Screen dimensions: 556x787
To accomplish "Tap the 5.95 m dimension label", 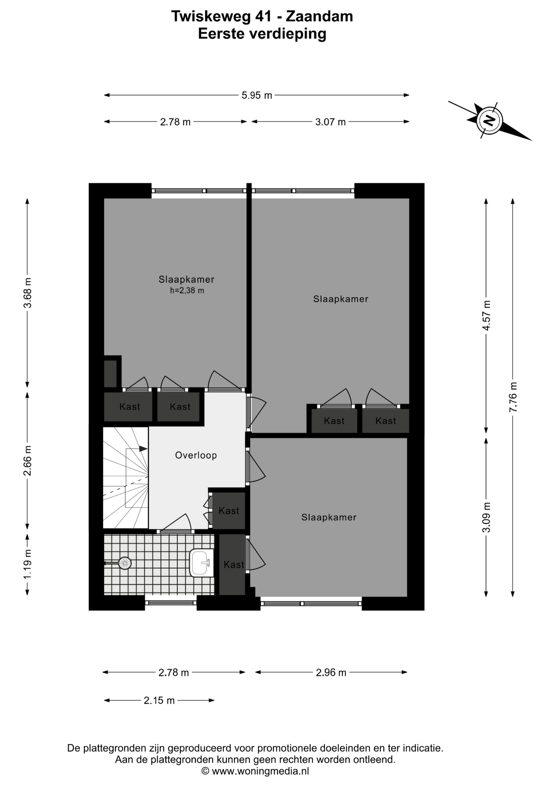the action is click(257, 96).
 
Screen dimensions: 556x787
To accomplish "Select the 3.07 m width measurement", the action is click(330, 122).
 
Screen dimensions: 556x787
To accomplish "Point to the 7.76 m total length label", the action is click(513, 397).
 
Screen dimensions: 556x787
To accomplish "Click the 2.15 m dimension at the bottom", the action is click(159, 701).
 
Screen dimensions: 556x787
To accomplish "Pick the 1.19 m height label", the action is click(27, 564).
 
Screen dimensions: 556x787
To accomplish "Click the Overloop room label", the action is click(196, 455).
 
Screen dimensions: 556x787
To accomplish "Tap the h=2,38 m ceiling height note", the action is click(187, 291).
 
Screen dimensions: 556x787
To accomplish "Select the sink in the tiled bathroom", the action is click(201, 563).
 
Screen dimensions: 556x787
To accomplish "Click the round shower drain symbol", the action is click(124, 563).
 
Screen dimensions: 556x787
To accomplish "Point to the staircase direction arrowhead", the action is click(143, 449).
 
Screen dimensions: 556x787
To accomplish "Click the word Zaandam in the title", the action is click(319, 16).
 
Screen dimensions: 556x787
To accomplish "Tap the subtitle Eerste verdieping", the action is click(262, 34).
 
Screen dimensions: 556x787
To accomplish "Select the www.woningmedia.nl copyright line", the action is click(255, 771).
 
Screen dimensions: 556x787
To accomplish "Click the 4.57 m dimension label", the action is click(486, 315).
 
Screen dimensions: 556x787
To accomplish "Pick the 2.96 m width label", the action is click(331, 673).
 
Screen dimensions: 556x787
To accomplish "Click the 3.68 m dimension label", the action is click(27, 293).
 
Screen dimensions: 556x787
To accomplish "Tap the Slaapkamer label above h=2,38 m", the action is click(187, 280).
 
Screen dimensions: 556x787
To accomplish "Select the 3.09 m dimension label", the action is click(486, 517).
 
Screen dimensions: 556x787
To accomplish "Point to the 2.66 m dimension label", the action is click(27, 461).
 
